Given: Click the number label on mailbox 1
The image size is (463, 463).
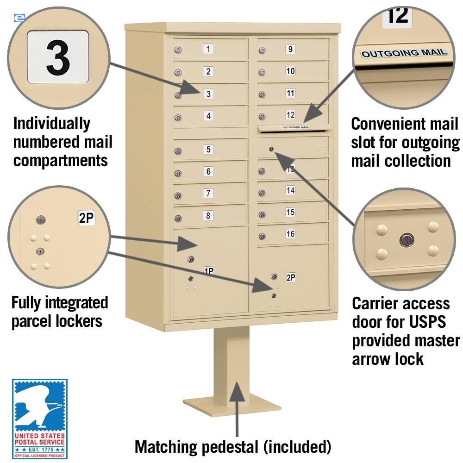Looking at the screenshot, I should (x=209, y=49).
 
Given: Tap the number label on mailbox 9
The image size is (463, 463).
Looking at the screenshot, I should (x=290, y=49).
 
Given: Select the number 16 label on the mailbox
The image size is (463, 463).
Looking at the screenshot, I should (x=290, y=234).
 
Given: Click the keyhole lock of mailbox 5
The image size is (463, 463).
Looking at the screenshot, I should (x=178, y=151).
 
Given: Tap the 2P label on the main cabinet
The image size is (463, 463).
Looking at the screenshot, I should (x=290, y=278).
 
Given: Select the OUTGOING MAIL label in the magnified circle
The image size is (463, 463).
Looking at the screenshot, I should (x=405, y=53).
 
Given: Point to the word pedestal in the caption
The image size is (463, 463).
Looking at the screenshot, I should (x=227, y=447).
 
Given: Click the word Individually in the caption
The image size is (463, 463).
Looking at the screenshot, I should (x=52, y=124).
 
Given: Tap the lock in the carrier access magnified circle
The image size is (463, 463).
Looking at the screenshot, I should (x=406, y=239).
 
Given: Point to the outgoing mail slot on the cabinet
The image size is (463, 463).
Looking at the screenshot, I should (x=294, y=127).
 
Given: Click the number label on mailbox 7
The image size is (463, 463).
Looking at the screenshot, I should (x=209, y=194).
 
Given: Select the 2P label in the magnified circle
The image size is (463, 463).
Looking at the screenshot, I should (x=86, y=218).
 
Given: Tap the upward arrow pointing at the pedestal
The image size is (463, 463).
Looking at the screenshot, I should (x=238, y=407).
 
